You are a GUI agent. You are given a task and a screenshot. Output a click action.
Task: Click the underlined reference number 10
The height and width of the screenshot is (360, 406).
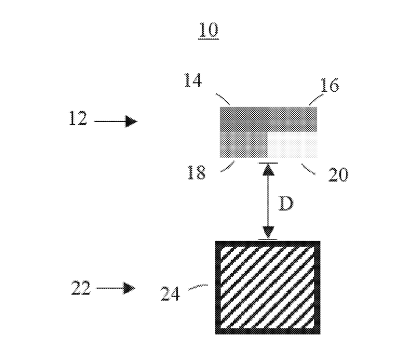tap(209, 31)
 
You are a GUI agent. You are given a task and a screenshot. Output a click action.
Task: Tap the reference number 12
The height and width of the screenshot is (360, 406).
tap(78, 118)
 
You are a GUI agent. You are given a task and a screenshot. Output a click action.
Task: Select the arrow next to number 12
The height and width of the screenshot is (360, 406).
tap(116, 121)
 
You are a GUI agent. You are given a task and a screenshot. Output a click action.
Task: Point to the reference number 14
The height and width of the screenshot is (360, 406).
tap(193, 80)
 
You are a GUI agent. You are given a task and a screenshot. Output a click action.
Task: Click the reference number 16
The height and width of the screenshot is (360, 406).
tap(329, 85)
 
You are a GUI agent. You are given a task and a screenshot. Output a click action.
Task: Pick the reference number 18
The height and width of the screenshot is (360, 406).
tap(196, 172)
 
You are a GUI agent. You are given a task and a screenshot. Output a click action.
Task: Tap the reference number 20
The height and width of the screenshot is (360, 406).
tap(338, 174)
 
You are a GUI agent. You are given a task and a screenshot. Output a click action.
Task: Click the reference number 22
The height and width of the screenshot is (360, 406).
tap(81, 287)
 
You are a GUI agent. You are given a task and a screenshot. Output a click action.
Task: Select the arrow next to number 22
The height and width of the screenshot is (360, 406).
tap(116, 288)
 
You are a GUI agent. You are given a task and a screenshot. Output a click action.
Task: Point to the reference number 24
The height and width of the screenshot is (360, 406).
tap(170, 293)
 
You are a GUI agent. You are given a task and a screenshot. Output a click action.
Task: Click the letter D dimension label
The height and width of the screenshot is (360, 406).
tap(286, 203)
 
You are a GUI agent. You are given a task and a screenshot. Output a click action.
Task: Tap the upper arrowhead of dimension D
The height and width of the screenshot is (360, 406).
tap(268, 170)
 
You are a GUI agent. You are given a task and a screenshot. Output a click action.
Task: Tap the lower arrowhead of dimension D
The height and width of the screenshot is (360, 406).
tap(268, 232)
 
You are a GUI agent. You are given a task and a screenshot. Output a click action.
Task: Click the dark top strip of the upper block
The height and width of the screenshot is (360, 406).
tap(268, 119)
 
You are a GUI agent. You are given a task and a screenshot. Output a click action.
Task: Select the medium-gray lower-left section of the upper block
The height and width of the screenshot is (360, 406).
tap(243, 144)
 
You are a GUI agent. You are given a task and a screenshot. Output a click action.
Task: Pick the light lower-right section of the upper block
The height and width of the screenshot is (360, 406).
tap(292, 144)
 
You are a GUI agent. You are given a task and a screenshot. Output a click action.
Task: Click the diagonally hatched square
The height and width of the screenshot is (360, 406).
tap(268, 287)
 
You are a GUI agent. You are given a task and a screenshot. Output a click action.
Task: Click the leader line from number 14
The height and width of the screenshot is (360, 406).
tap(223, 99)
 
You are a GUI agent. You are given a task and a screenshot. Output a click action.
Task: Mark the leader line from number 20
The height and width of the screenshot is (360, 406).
tap(308, 169)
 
